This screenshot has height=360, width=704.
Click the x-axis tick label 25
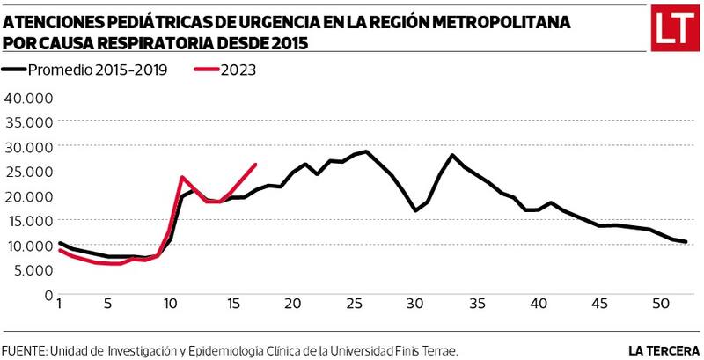click(354, 305)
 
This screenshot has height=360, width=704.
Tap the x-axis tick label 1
click(58, 305)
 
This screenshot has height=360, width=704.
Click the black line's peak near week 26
click(365, 151)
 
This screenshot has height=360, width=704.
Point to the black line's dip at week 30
click(414, 210)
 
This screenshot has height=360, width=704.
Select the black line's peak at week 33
click(451, 156)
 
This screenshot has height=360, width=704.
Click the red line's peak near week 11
click(182, 178)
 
